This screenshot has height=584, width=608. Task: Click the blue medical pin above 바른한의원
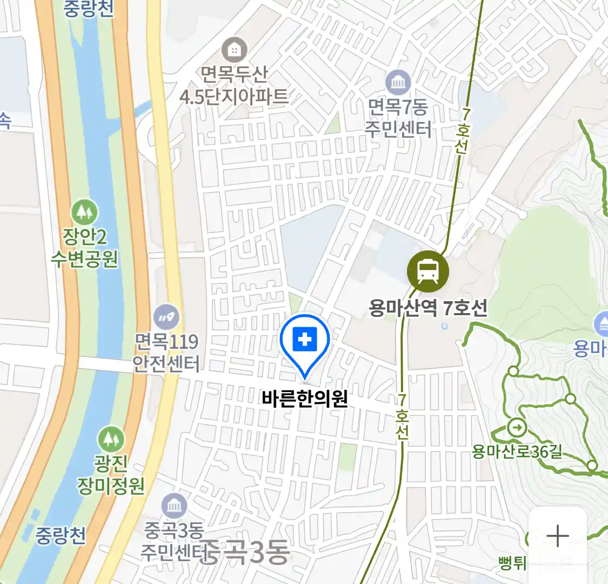tap(305, 341)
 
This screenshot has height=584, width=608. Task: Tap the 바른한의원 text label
tap(304, 399)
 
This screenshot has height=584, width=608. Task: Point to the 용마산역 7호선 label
tap(428, 308)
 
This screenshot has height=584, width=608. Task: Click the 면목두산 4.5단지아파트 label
tap(234, 85)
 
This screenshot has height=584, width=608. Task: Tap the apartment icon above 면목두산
tap(234, 51)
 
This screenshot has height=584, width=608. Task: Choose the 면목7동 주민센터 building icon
tap(398, 83)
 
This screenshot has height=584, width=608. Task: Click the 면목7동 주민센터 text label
tap(398, 118)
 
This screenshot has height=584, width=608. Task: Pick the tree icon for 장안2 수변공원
tap(84, 212)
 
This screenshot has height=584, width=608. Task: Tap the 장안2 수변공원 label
tap(84, 248)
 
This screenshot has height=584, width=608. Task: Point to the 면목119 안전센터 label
tap(166, 352)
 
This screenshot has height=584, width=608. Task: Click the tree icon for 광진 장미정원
tap(111, 439)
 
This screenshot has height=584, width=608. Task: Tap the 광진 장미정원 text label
tap(111, 474)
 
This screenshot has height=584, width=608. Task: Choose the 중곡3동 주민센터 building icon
tap(174, 506)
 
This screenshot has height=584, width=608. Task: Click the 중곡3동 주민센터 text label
tap(173, 541)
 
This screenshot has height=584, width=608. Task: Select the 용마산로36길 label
tap(517, 451)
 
